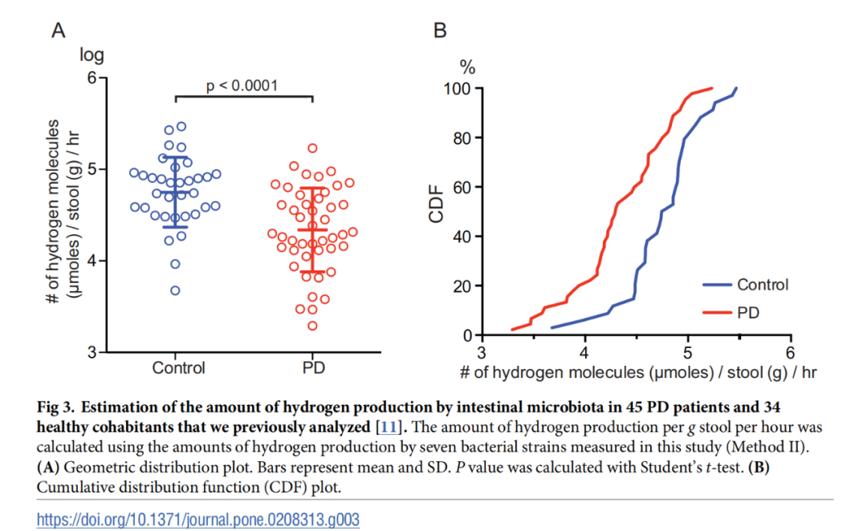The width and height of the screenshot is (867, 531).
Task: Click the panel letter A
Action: coord(58,31)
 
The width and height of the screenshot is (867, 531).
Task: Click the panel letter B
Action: coord(440,31)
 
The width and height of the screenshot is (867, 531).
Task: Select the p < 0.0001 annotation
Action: coord(242,85)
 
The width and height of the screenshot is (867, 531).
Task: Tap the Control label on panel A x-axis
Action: coord(178,368)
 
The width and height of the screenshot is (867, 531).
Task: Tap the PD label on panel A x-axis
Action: coord(312,368)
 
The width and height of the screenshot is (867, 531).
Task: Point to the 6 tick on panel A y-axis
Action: coord(91,78)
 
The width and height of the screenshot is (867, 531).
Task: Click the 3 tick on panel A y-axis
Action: coord(91,352)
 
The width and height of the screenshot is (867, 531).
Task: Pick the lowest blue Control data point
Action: coord(175,290)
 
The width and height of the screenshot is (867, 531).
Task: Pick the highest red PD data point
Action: coord(312,148)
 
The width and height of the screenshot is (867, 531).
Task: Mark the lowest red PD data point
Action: coord(312,326)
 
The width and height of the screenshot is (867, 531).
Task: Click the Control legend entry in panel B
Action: coord(762,285)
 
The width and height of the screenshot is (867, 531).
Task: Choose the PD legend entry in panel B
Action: coord(747,311)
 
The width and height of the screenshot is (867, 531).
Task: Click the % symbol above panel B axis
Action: coord(466,65)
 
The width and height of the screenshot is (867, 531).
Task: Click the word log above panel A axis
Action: coord(91,55)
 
